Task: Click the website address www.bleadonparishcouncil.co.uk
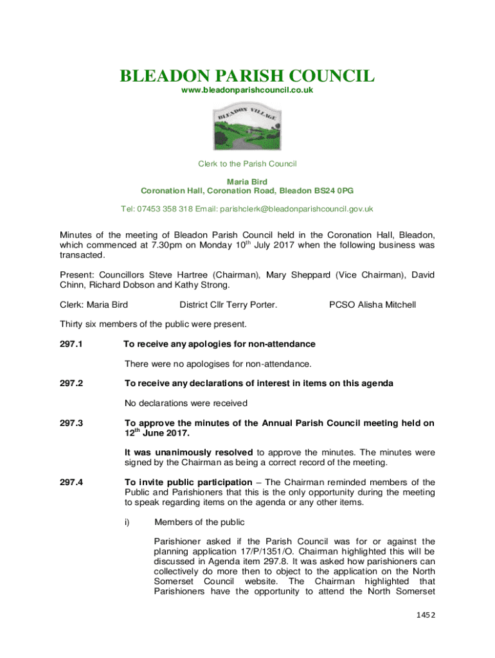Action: (247, 91)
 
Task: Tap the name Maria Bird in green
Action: (247, 182)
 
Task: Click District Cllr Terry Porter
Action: (228, 304)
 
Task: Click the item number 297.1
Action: (71, 344)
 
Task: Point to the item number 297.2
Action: (71, 384)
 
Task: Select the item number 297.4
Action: (71, 482)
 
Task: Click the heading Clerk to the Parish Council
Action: (247, 164)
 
